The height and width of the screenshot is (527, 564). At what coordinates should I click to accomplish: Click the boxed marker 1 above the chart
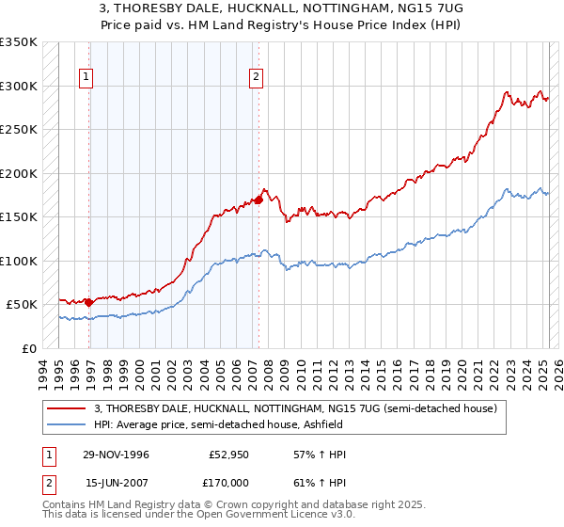(86, 78)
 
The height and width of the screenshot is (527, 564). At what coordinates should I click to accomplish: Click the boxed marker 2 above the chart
(256, 78)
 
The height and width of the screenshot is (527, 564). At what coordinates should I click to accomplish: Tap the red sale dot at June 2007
(258, 200)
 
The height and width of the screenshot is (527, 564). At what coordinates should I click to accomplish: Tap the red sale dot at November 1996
(89, 302)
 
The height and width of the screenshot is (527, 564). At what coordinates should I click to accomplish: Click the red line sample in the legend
(67, 408)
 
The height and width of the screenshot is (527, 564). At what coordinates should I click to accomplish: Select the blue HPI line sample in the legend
(67, 424)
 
